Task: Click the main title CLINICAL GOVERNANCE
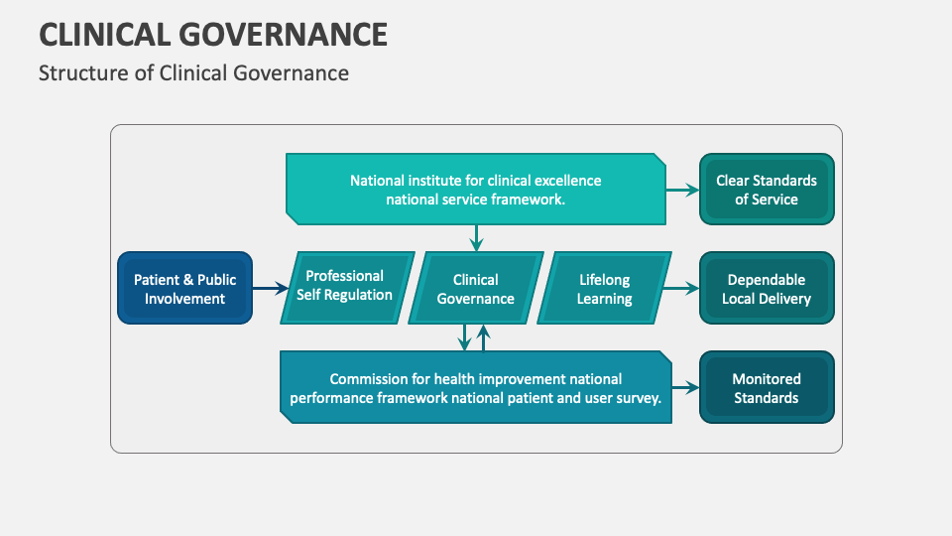pos(213,35)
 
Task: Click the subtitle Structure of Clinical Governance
pos(193,73)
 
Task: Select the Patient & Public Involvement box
pos(184,289)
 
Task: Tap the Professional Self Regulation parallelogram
pos(344,287)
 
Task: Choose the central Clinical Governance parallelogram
pos(476,289)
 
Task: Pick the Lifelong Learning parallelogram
pos(604,289)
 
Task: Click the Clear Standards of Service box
pos(767,190)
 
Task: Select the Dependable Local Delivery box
pos(767,289)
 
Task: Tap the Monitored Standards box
pos(767,388)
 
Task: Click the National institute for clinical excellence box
pos(475,190)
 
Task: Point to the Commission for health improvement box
pos(475,388)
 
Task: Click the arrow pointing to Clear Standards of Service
pos(681,189)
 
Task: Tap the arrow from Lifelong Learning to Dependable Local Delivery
pos(681,289)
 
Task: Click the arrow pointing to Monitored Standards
pos(685,388)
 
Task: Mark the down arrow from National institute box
pos(476,237)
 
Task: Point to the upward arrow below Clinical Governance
pos(484,337)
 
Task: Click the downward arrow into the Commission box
pos(464,337)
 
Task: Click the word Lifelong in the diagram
pos(604,280)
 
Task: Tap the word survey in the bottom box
pos(637,398)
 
